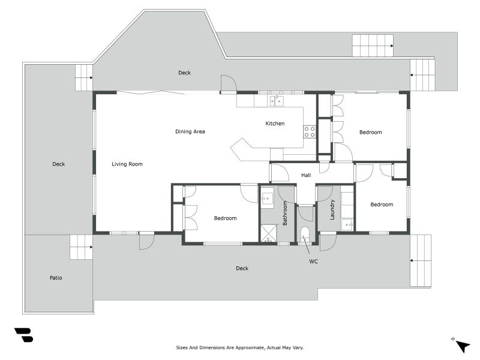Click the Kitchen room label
275,124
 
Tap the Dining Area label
190,131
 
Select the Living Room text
127,164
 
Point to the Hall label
306,175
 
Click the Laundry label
332,209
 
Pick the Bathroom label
284,213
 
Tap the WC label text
313,262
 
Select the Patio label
56,278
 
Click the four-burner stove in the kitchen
310,132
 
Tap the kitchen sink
277,101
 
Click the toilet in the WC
305,235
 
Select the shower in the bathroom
268,234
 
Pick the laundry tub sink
347,224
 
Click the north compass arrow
463,346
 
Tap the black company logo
24,335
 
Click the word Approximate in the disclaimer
249,348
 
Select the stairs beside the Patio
81,247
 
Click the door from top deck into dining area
229,84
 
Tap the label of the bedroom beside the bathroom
226,218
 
